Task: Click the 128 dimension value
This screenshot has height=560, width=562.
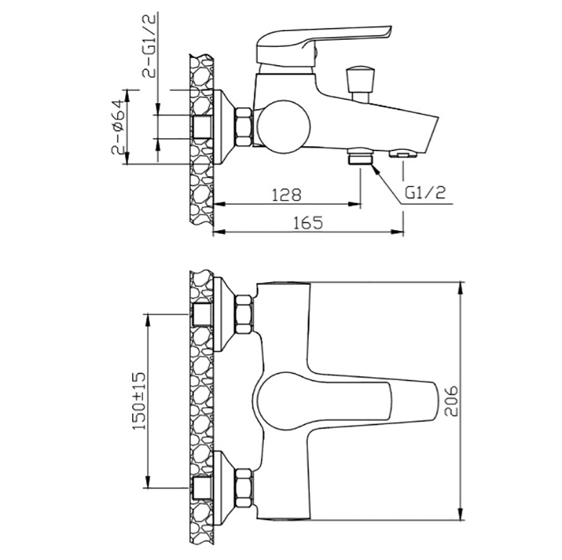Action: click(286, 195)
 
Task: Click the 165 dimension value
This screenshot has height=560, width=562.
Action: click(308, 223)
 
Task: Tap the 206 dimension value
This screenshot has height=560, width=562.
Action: click(451, 400)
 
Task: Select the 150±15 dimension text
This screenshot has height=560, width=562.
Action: click(139, 400)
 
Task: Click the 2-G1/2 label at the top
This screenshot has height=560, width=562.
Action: click(150, 46)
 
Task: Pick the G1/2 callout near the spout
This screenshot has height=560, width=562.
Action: click(426, 192)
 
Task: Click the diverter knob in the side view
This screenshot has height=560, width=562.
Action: click(361, 83)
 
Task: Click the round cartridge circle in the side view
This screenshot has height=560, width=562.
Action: click(283, 127)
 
